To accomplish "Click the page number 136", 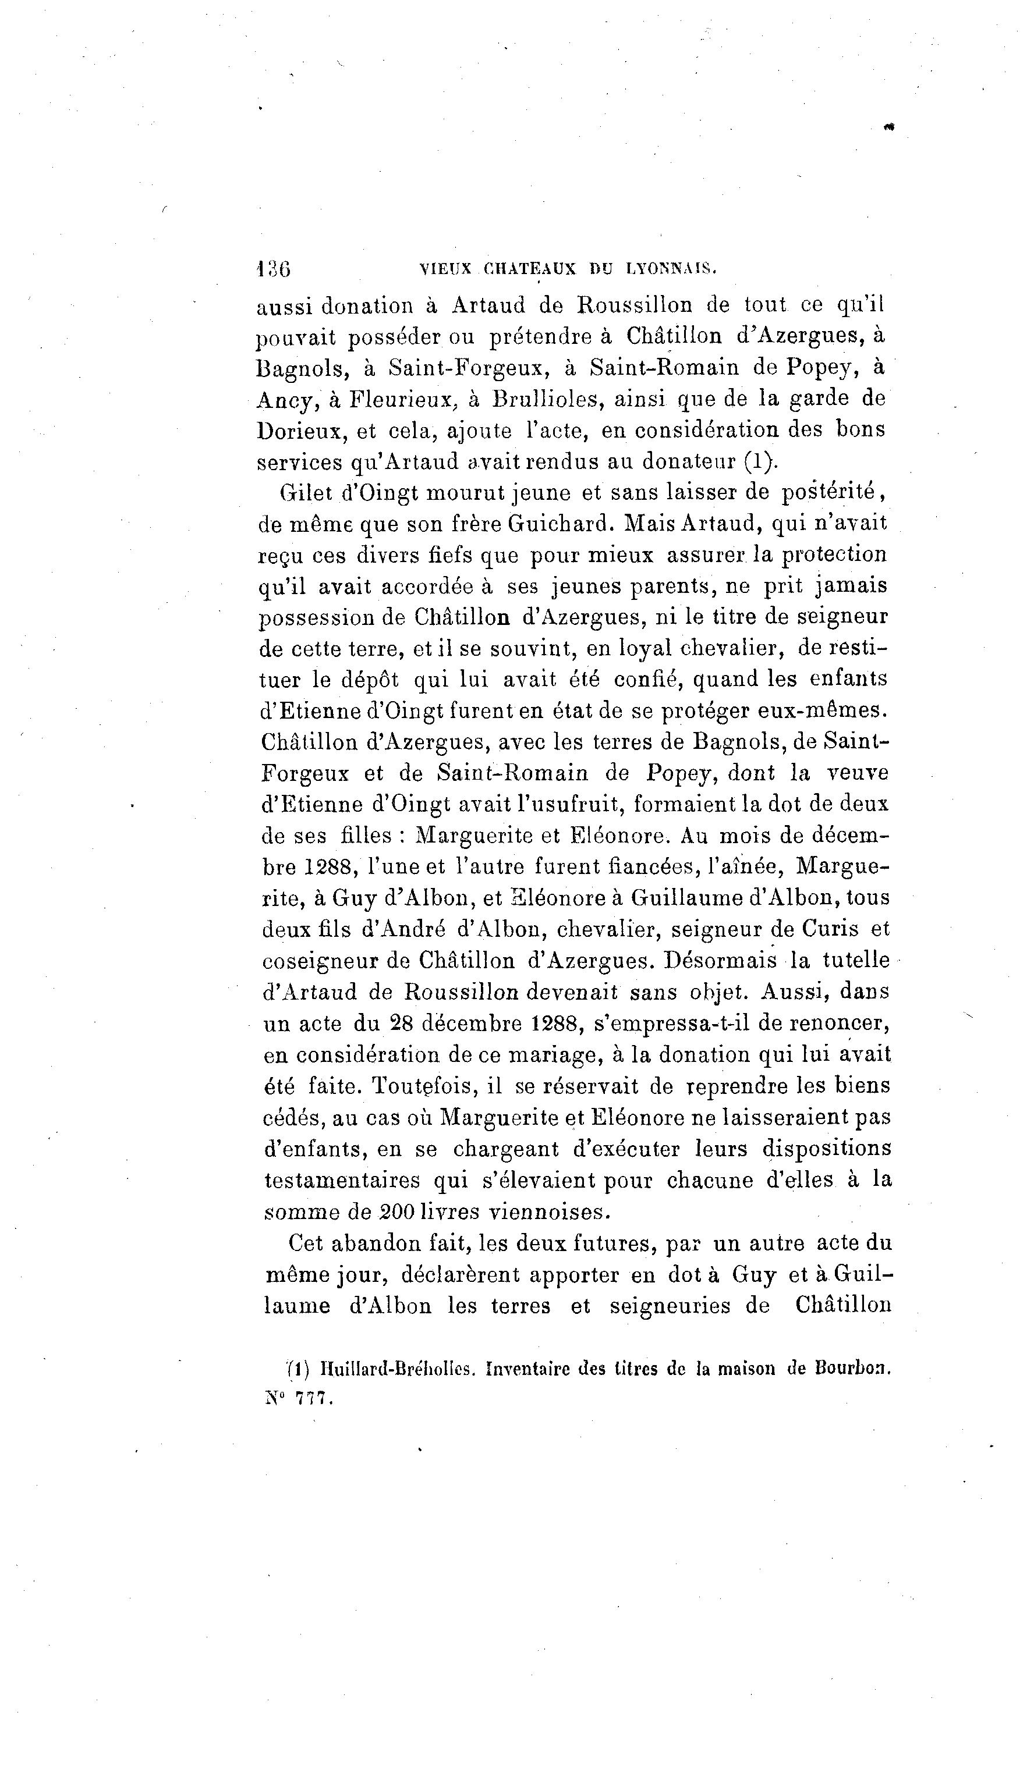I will (x=274, y=269).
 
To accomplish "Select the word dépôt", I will (x=370, y=680).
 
